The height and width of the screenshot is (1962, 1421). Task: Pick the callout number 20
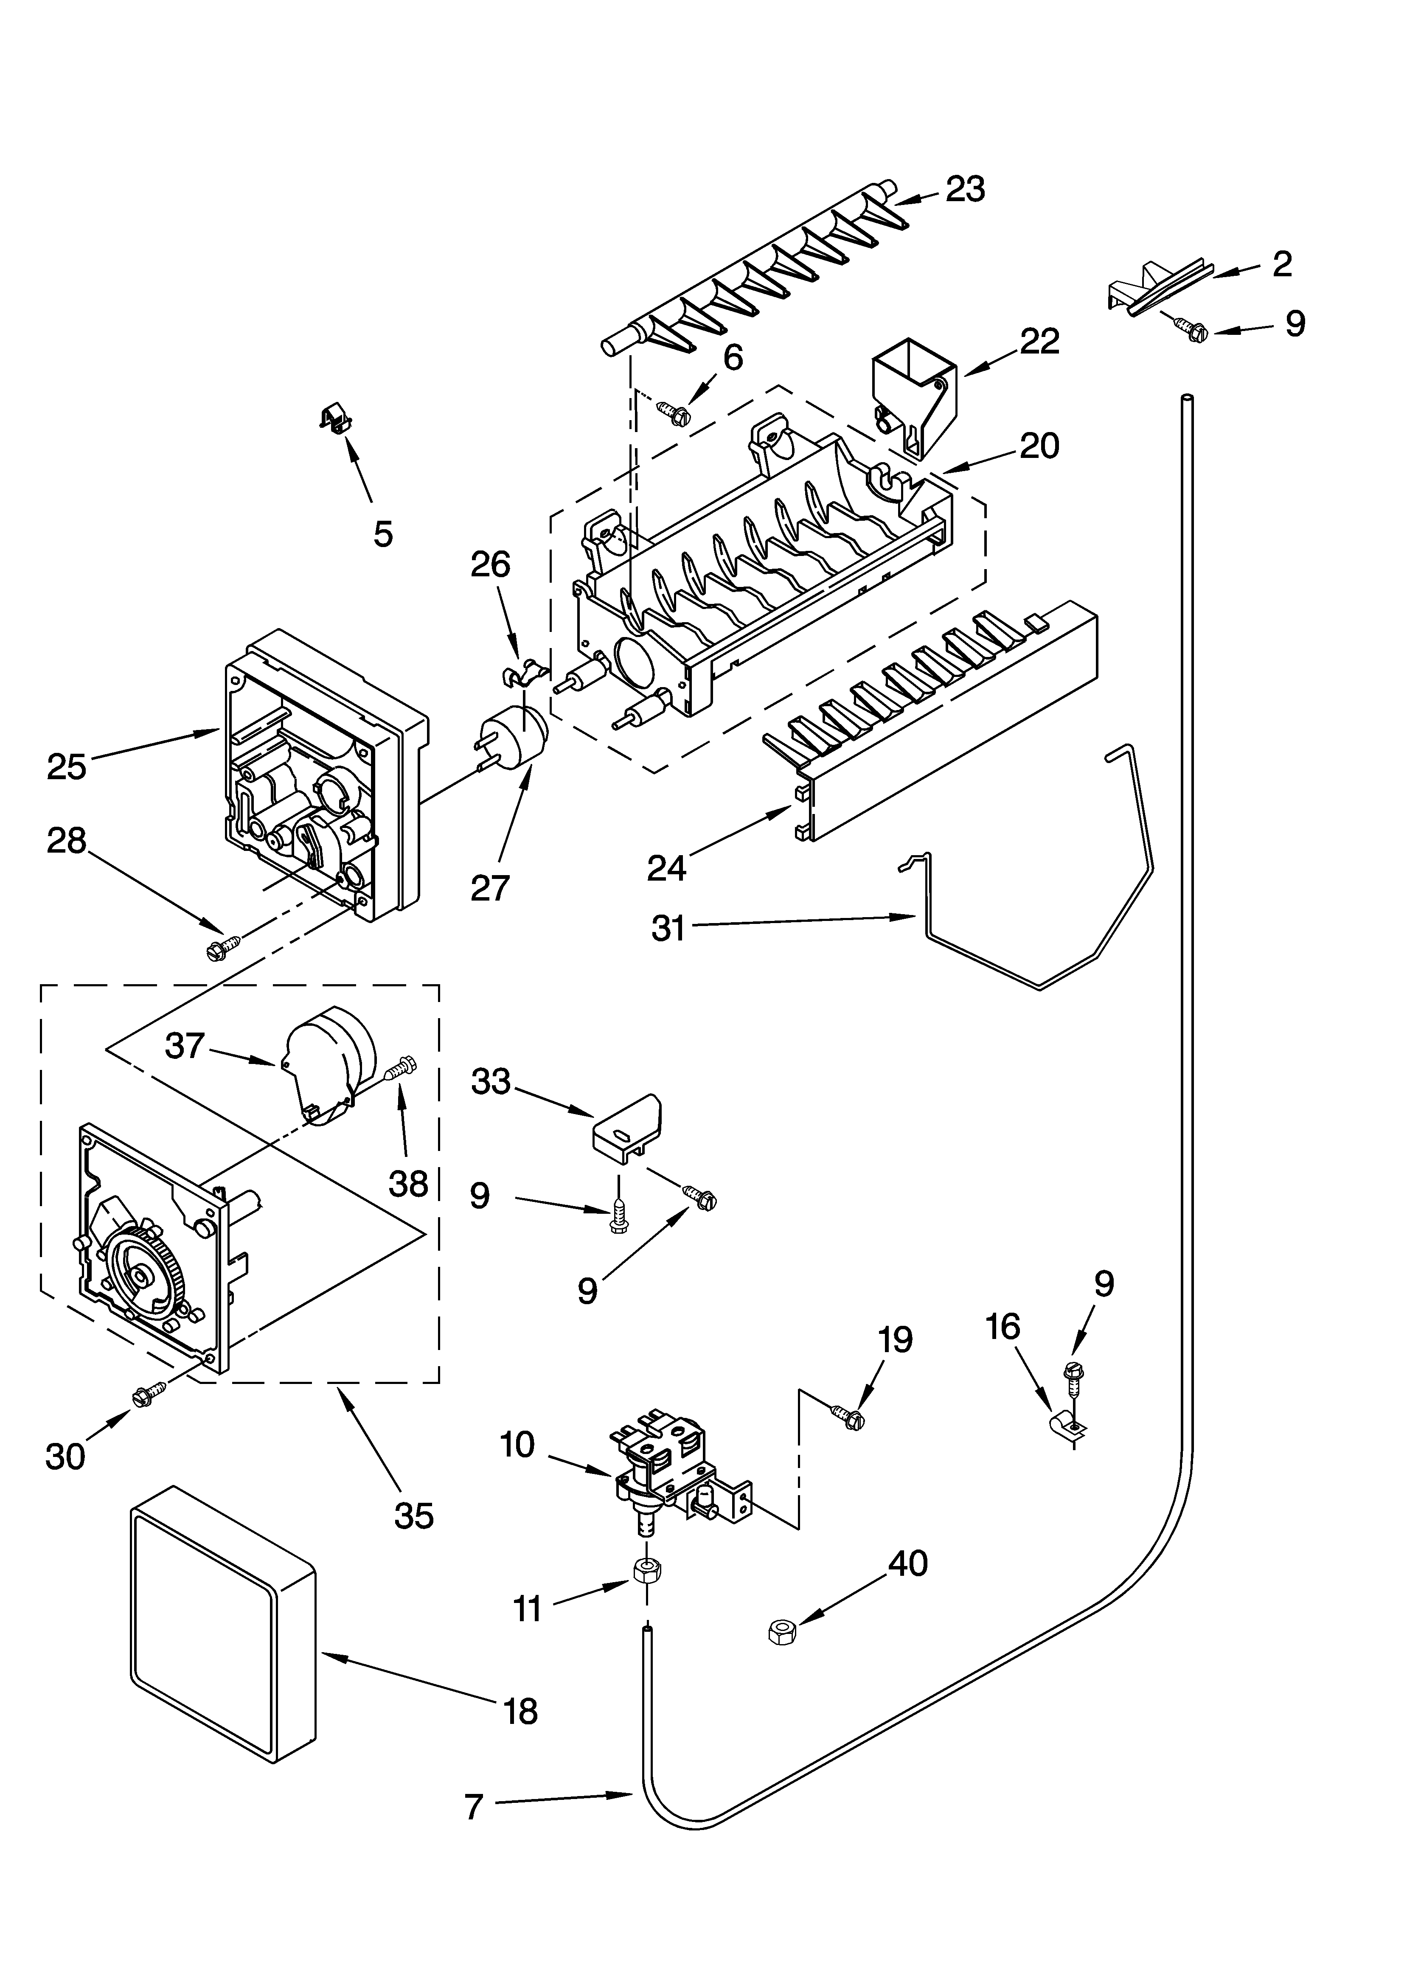[x=1039, y=446]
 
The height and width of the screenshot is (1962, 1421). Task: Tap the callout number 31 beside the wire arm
[x=668, y=928]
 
